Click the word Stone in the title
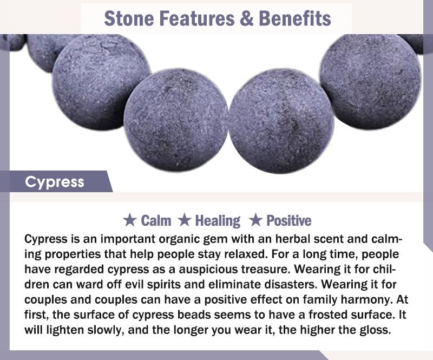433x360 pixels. pyautogui.click(x=129, y=18)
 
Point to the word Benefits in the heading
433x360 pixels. pyautogui.click(x=294, y=18)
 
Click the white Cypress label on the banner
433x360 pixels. pyautogui.click(x=55, y=182)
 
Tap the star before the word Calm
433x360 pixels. pyautogui.click(x=129, y=220)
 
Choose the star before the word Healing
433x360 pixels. pyautogui.click(x=185, y=220)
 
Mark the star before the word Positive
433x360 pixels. pyautogui.click(x=255, y=220)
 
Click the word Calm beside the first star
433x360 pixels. pyautogui.click(x=156, y=220)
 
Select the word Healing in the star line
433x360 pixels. pyautogui.click(x=218, y=221)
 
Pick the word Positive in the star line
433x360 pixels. pyautogui.click(x=289, y=220)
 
